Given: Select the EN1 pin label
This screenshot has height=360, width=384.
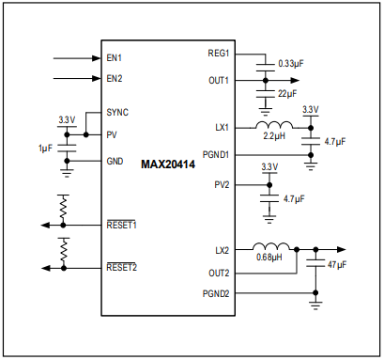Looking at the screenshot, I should [x=115, y=58].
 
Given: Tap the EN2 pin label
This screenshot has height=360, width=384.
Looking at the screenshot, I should [x=115, y=78].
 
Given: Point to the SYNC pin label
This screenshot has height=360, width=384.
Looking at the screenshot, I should [x=118, y=113].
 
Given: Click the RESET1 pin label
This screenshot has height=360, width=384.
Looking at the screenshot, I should [x=122, y=226].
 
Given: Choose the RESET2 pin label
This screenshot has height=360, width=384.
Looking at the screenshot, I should [x=122, y=267].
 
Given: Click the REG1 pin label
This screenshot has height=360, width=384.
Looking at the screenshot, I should [x=219, y=55].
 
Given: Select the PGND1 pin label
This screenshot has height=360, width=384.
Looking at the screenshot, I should [x=216, y=154].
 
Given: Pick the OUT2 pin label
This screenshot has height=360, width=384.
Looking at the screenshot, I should [x=219, y=273].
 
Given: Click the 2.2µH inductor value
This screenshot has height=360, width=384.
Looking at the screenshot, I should [x=274, y=137].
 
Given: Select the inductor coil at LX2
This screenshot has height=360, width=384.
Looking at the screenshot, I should [x=272, y=247].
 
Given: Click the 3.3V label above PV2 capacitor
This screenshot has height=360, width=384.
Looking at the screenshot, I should [x=269, y=167].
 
